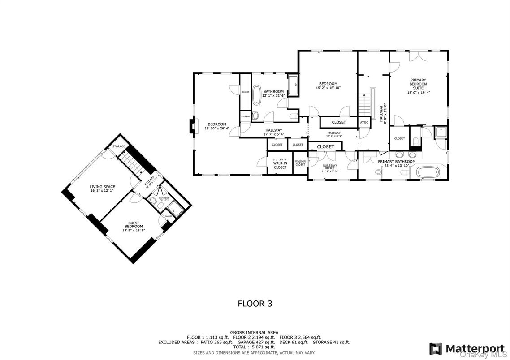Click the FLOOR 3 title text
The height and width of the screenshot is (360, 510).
255,304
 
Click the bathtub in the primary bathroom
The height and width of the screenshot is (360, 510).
429,171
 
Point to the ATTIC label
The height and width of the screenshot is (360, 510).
364,122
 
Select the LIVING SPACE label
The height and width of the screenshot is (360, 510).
102,189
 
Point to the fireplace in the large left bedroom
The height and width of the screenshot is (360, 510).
192,126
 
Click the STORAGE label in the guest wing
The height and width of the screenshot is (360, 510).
119,146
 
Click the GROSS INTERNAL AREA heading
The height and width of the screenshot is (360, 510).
254,332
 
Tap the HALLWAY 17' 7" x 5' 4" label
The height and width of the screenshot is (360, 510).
273,132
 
